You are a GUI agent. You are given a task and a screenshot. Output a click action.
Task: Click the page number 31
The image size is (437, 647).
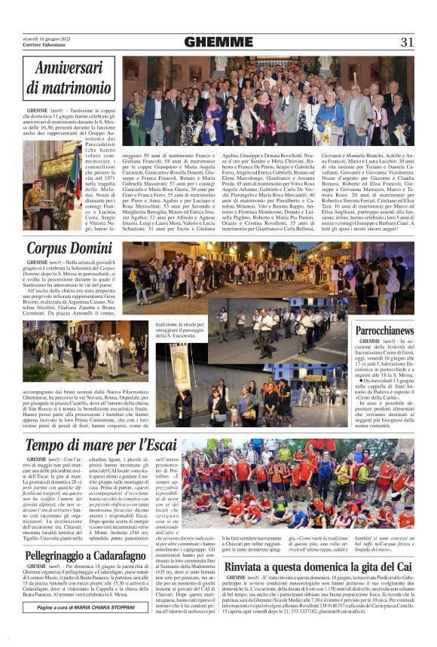click(x=407, y=42)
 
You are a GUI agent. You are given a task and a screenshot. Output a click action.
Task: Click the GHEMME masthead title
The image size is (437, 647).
click(x=218, y=42)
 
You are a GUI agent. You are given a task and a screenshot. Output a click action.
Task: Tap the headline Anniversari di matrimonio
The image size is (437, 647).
click(x=68, y=78)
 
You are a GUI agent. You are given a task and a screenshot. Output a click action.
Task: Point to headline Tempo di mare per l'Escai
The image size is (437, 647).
click(x=112, y=444)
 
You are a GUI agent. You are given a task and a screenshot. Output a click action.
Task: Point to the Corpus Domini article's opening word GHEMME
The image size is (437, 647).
click(x=38, y=263)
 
